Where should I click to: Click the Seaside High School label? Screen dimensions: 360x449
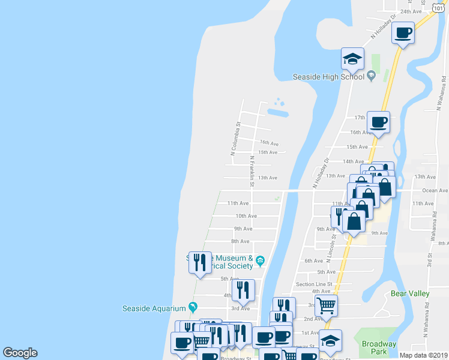[x=328, y=76]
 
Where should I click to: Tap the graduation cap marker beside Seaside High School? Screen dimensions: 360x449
[x=353, y=59]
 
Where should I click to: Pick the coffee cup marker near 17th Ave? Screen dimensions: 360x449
[x=378, y=122]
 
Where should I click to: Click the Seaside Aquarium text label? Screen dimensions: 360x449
[x=154, y=308]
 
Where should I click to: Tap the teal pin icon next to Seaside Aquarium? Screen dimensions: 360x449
[x=193, y=307]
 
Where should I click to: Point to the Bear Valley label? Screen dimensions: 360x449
[x=410, y=293]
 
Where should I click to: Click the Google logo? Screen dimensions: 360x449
[x=20, y=353]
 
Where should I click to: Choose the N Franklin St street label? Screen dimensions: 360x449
[x=252, y=171]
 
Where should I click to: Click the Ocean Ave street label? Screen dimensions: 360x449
[x=435, y=190]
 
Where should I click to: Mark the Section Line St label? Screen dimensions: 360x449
[x=314, y=284]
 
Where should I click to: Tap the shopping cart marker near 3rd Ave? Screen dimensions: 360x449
[x=326, y=305]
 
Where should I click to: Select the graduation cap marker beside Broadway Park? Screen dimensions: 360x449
[x=330, y=341]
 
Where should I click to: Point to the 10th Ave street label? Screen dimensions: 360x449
[x=246, y=215]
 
